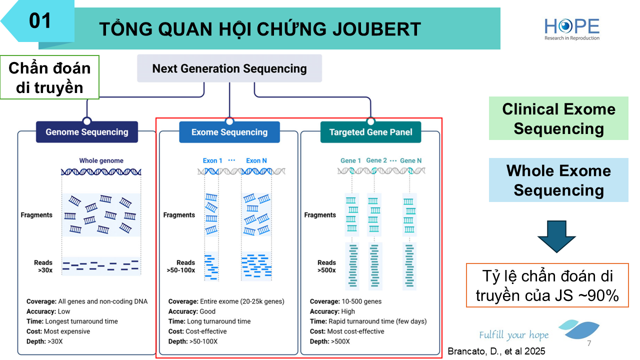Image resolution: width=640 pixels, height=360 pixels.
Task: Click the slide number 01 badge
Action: pos(40,21)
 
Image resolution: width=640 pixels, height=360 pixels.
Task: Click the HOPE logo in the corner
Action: pos(572,29)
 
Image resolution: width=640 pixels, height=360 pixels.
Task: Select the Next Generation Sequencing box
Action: pos(229,68)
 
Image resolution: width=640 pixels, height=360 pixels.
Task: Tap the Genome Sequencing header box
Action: pos(87,132)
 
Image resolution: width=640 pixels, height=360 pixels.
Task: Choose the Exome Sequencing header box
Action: pos(229,132)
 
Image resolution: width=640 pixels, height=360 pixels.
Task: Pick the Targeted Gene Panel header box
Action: pos(371,132)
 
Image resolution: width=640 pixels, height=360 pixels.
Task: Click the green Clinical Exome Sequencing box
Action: pos(558,118)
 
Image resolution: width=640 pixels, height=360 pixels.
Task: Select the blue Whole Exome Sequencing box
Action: pos(558,180)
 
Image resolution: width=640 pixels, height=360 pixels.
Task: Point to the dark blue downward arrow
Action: pos(556,235)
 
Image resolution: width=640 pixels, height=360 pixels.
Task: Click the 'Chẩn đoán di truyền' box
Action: pos(49,77)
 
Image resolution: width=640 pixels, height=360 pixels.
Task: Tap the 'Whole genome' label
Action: pos(101,160)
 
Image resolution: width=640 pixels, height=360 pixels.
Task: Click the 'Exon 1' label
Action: pos(212,160)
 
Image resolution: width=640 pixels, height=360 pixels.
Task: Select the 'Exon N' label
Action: pos(256,160)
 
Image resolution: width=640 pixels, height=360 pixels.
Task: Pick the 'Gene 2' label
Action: pos(376,160)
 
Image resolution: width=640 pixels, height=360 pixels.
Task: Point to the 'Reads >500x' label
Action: pos(326,266)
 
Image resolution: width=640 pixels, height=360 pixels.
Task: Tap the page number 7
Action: pos(589,344)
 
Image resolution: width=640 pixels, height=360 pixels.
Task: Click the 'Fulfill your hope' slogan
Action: pos(513,335)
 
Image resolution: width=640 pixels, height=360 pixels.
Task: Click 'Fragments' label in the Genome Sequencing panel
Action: pos(36,215)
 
